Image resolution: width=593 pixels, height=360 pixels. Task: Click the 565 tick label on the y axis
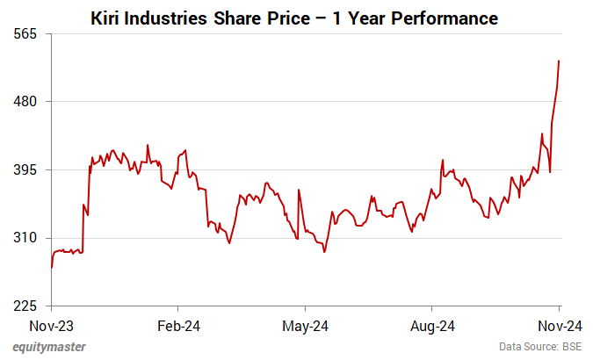[27, 33]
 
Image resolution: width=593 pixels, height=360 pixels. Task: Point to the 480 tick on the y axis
[27, 102]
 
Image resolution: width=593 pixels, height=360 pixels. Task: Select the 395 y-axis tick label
[27, 169]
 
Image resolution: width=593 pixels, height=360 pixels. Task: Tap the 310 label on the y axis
[27, 238]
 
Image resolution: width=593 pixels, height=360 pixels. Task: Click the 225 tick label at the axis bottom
[27, 306]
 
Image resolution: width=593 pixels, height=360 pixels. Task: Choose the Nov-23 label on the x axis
[52, 325]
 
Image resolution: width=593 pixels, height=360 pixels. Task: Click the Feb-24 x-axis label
[178, 325]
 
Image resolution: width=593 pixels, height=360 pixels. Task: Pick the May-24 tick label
[306, 325]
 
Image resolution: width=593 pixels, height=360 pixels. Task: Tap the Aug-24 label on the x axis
[433, 325]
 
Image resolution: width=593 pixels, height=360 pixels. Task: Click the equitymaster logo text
[49, 347]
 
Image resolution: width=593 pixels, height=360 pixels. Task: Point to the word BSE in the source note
[571, 347]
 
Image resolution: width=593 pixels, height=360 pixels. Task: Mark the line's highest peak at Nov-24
[560, 61]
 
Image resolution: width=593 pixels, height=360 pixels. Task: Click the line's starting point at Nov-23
[52, 268]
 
